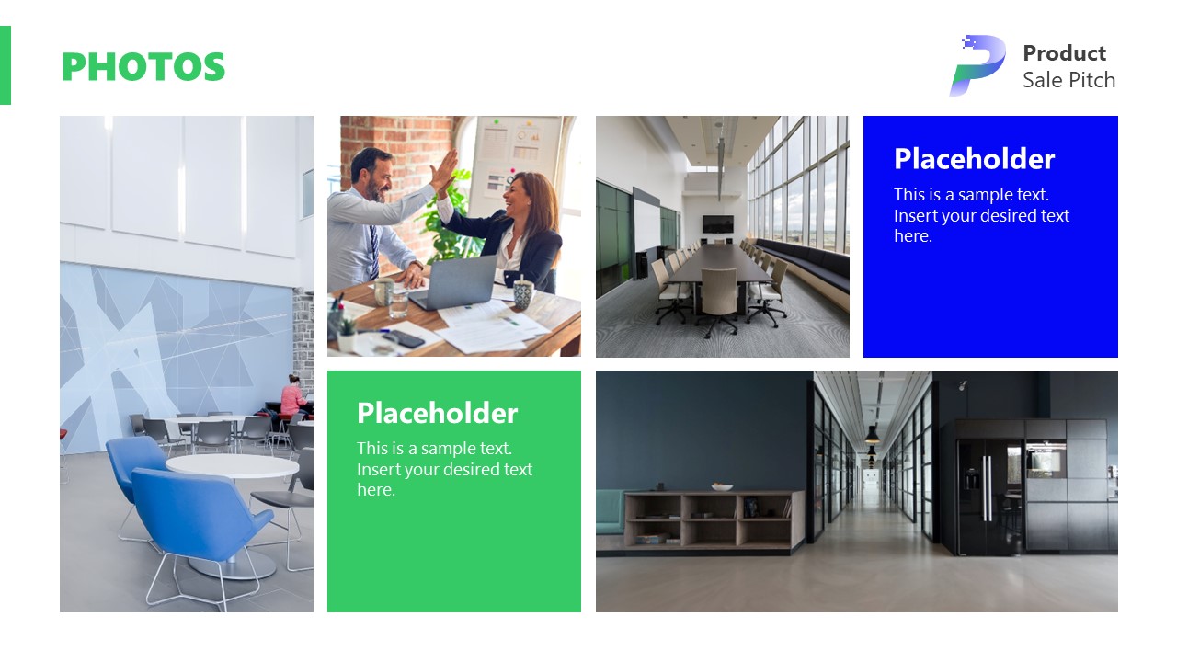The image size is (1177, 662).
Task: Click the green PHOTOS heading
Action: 143,67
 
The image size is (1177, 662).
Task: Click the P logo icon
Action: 977,65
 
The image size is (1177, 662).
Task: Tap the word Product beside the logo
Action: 1064,53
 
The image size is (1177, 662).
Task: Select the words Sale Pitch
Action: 1068,81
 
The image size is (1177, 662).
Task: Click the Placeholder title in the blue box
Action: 974,159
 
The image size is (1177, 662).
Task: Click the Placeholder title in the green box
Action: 437,413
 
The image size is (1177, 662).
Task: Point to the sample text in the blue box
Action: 981,215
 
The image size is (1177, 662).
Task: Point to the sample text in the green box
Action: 444,469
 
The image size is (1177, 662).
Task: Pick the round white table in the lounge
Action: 232,465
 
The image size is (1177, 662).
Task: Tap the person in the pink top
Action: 292,399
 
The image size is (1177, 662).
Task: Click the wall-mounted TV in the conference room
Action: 717,223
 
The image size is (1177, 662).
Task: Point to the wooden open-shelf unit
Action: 714,519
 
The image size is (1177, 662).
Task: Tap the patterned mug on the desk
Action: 522,294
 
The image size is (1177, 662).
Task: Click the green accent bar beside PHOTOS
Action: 6,65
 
